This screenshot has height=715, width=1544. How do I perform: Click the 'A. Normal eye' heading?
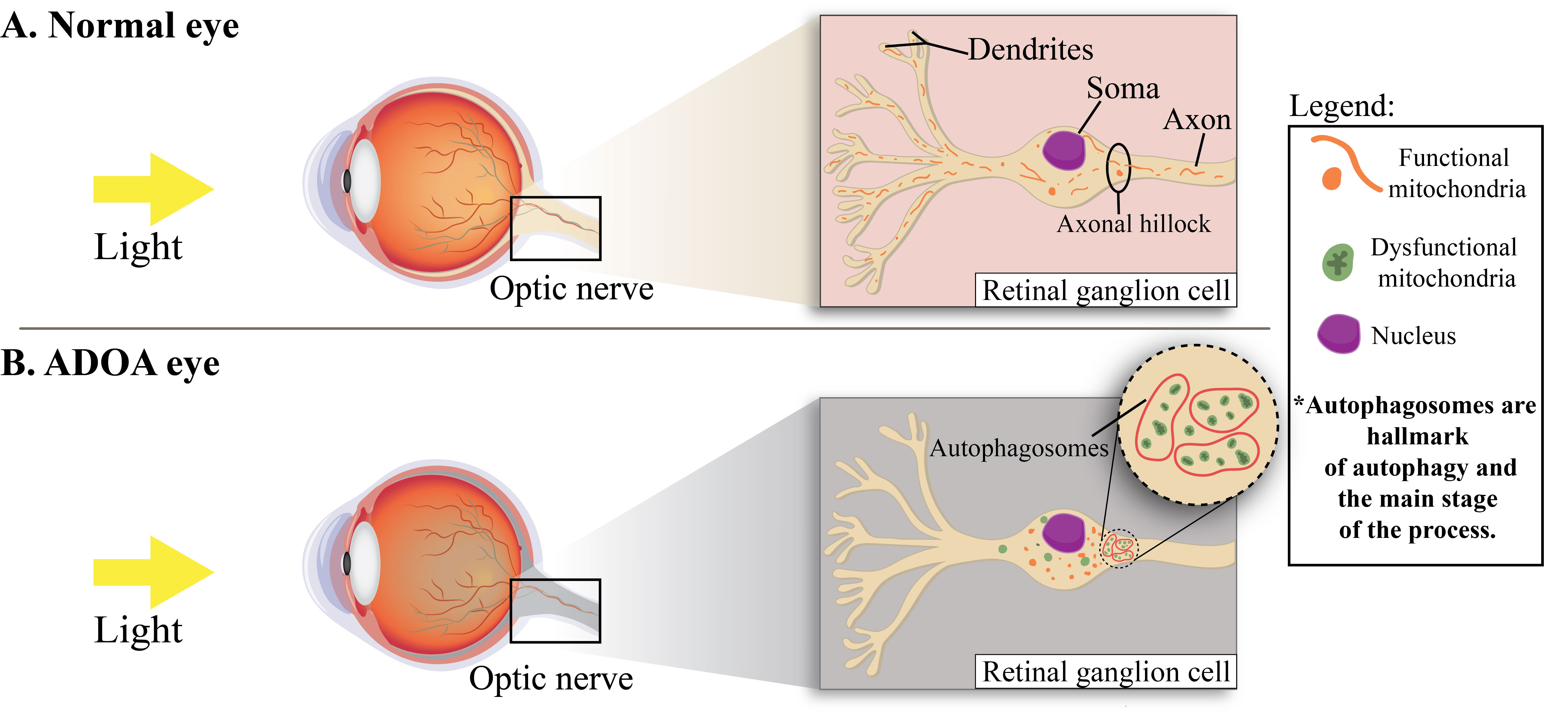[x=120, y=27]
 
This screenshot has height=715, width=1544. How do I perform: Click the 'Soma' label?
[x=1123, y=88]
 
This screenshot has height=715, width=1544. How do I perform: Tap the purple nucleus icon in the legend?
[x=1338, y=334]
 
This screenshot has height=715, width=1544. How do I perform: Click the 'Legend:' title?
[x=1341, y=106]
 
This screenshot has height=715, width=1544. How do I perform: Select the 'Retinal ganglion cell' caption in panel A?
[x=1106, y=291]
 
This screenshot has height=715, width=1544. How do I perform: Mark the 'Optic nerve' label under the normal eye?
[x=571, y=289]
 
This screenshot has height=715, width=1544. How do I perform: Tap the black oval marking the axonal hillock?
[x=1118, y=168]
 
